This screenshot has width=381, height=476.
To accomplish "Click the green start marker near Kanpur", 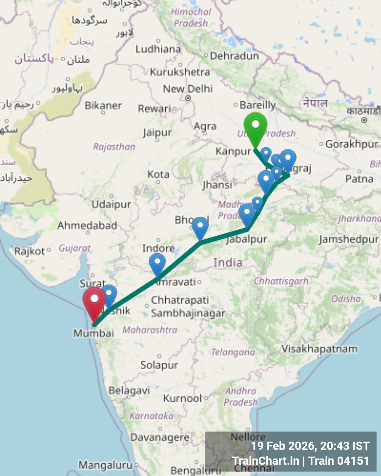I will tap(255, 127).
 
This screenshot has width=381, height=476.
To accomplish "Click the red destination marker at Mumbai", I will tap(94, 301).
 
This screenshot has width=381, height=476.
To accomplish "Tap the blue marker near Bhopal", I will tap(200, 227).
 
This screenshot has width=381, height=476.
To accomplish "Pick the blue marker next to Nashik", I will tap(109, 294).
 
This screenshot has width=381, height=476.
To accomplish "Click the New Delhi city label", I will tap(188, 89).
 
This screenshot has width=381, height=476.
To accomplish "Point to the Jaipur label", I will tap(157, 133).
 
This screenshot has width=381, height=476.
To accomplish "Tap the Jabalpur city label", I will tap(247, 239).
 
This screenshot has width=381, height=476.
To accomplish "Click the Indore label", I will tap(159, 248).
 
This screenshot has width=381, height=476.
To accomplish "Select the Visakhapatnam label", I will tap(319, 349).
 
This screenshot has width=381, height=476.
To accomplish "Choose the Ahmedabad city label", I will tap(87, 226).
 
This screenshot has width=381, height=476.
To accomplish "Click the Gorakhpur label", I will tap(352, 144).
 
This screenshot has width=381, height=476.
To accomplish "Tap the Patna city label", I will tap(359, 179).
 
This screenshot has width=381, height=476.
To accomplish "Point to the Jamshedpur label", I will tap(349, 239).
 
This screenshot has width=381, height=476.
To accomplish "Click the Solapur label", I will tap(159, 365).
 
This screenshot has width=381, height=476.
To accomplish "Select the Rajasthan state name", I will tap(114, 147).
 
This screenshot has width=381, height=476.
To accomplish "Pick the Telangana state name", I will tap(233, 352).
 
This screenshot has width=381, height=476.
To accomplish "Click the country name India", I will tap(228, 263).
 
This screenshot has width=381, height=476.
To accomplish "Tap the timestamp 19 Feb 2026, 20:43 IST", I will tap(310, 446).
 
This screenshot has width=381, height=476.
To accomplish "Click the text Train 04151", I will tap(339, 461).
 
